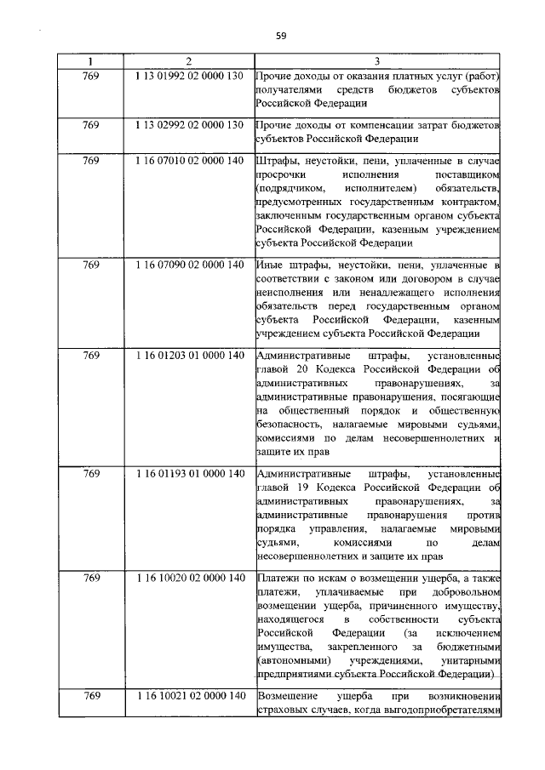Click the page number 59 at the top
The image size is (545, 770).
tap(280, 35)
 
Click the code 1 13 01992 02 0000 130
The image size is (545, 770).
tap(189, 77)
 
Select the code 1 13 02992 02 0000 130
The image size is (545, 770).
tap(189, 125)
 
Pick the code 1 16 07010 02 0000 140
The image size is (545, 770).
tap(189, 160)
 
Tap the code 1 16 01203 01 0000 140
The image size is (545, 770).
tap(189, 355)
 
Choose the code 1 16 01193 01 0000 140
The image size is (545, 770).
tap(189, 473)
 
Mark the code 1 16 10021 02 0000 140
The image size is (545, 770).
tap(189, 696)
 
